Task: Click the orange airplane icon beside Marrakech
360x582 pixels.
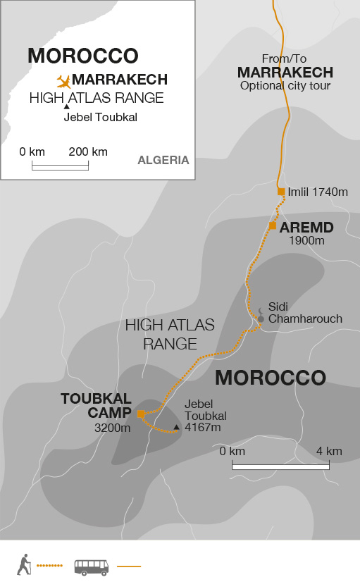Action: point(63,80)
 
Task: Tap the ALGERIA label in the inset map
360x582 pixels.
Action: point(163,160)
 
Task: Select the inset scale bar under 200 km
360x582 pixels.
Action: point(60,166)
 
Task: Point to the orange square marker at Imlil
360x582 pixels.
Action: point(281,192)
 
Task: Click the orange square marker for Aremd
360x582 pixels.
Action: point(272,225)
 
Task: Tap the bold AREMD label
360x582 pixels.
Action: point(306,228)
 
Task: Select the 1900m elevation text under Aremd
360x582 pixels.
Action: point(306,241)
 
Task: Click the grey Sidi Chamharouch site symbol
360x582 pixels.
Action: point(261,318)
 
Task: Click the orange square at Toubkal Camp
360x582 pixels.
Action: point(141,414)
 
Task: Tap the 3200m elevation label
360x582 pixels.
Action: point(113,427)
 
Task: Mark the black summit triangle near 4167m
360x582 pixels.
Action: point(176,427)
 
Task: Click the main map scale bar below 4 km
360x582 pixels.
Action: point(281,466)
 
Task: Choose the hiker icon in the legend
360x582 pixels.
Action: point(25,564)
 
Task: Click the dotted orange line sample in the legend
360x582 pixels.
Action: point(49,566)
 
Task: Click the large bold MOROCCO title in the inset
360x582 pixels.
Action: point(82,56)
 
